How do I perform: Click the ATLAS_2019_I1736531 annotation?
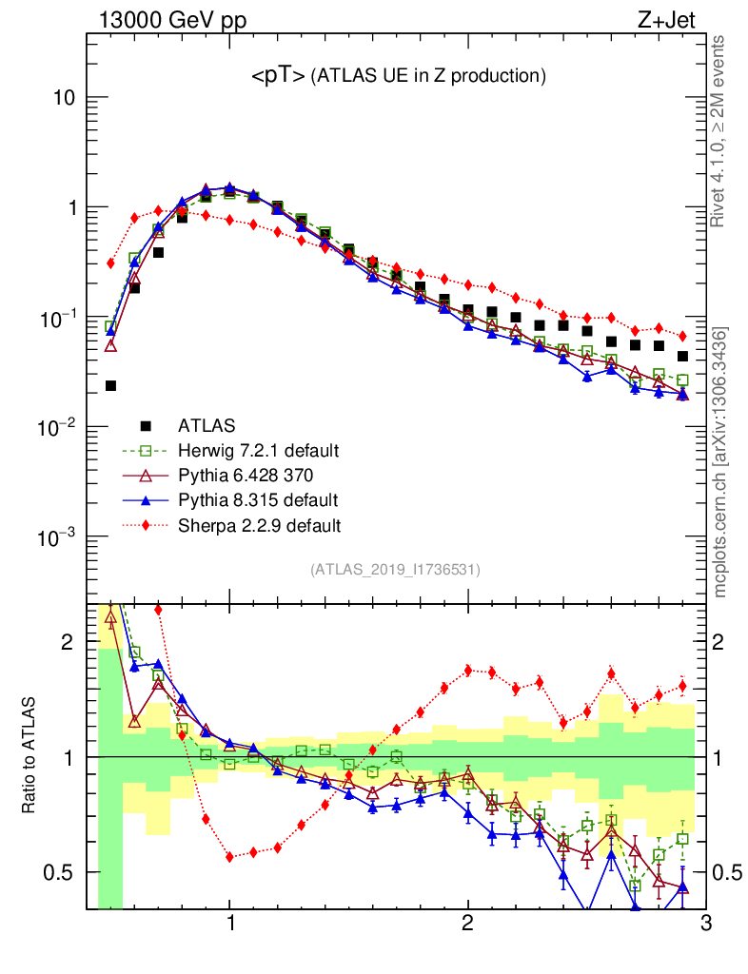tap(395, 570)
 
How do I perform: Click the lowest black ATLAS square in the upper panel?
tap(110, 385)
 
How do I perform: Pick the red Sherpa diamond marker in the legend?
tap(146, 524)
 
